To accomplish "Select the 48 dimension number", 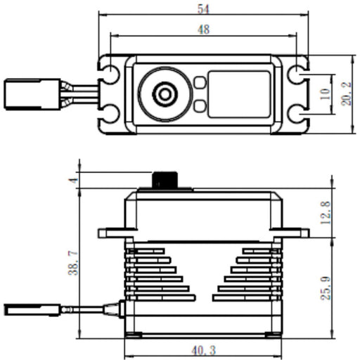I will (x=204, y=30).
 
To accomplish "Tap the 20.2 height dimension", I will (x=347, y=93).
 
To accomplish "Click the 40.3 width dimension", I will (x=204, y=349).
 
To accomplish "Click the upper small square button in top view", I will (x=199, y=82).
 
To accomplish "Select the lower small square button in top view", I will (x=199, y=106).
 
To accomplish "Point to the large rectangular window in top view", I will (x=239, y=94).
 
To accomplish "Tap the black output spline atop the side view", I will (x=166, y=179).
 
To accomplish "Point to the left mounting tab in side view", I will (x=112, y=232).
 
